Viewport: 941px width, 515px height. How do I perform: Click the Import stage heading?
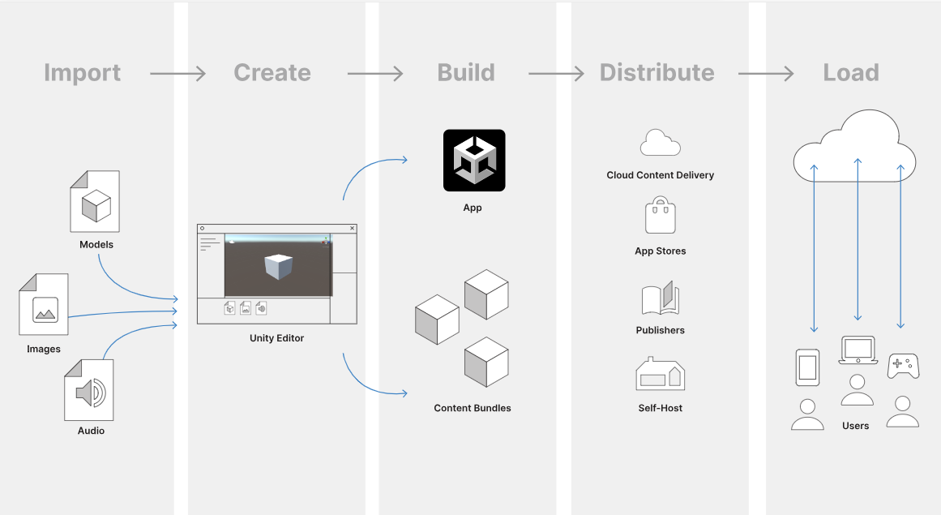point(82,73)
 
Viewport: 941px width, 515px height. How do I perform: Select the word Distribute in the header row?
point(657,73)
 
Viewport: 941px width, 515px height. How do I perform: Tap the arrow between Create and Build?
point(375,74)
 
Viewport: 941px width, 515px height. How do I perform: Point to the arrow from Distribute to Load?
point(766,74)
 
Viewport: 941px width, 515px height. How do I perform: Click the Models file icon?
point(95,201)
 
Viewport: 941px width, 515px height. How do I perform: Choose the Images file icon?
point(44,305)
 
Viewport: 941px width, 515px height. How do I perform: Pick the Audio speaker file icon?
point(89,390)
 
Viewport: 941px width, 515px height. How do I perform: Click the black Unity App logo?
point(474,161)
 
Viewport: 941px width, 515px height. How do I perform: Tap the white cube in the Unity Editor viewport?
point(278,267)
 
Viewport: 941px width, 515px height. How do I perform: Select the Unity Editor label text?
point(276,338)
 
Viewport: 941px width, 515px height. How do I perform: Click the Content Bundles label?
point(473,408)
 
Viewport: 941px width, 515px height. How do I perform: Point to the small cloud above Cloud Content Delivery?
point(660,143)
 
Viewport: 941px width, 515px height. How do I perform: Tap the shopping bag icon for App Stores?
point(660,217)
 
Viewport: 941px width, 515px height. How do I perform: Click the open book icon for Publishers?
point(660,298)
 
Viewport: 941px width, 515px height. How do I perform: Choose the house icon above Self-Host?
point(660,375)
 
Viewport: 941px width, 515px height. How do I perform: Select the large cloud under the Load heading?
point(855,146)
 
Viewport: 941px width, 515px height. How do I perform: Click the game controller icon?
point(903,365)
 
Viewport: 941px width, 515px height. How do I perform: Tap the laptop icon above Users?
point(858,350)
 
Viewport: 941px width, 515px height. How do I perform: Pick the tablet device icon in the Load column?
point(807,367)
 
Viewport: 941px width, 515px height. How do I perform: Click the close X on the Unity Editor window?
point(352,229)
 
